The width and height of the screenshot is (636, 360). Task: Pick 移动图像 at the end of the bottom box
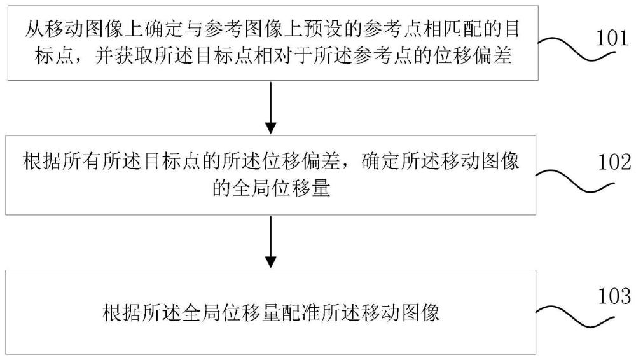coord(408,312)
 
